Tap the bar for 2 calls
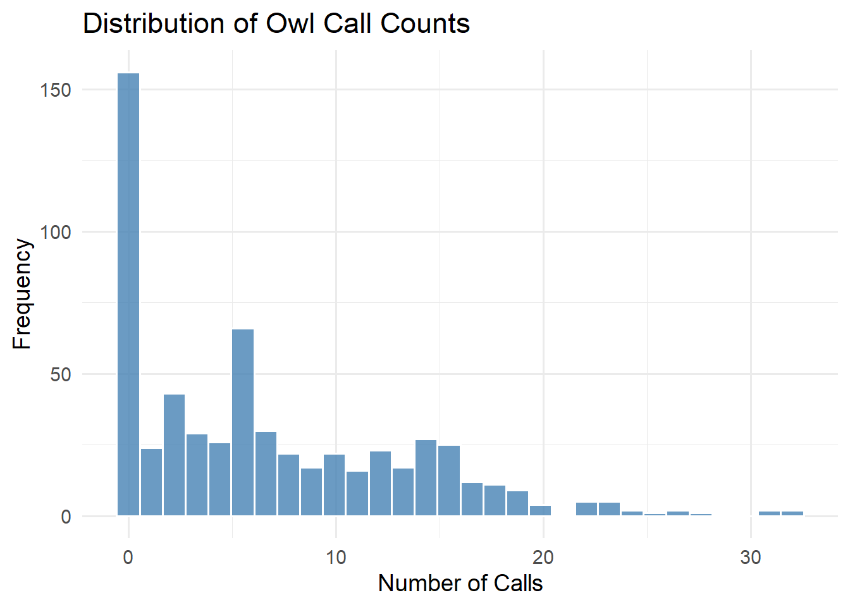pos(174,455)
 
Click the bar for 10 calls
pos(335,485)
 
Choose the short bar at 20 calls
pos(540,511)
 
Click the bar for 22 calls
pos(586,509)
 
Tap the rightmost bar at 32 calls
pos(792,513)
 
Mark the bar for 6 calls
pos(266,474)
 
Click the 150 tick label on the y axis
pos(56,90)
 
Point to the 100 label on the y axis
pos(56,232)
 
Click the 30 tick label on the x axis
pos(751,557)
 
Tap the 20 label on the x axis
pos(543,557)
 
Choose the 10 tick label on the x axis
pos(336,557)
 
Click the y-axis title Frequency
pos(22,294)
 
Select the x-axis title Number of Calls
pos(460,583)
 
